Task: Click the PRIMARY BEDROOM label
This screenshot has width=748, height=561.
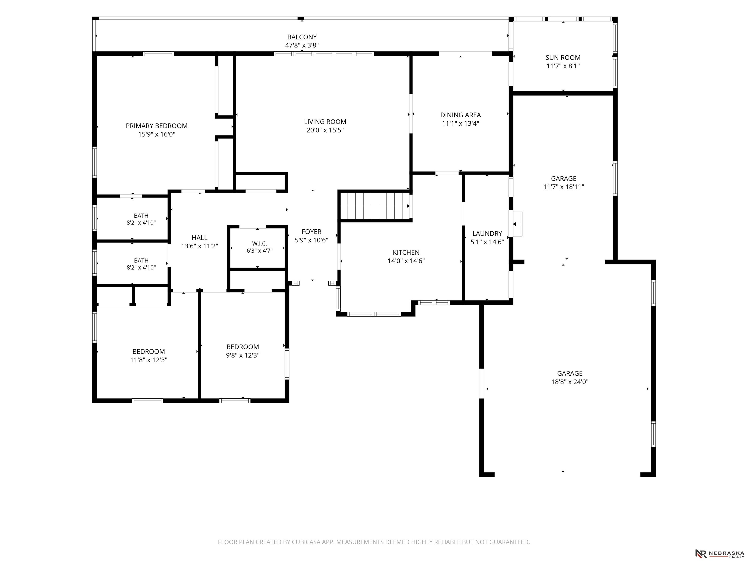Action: [157, 126]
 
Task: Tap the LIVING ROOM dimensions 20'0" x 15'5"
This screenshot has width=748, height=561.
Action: [325, 130]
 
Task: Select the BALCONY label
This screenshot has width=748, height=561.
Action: [302, 37]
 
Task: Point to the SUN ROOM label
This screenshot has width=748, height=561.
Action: [563, 57]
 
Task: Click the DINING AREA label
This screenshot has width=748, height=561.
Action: [461, 115]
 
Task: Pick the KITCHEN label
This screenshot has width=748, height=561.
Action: [406, 252]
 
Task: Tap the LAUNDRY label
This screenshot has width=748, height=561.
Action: [487, 233]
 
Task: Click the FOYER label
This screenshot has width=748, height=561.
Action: [311, 232]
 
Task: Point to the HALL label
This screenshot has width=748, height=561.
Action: [199, 238]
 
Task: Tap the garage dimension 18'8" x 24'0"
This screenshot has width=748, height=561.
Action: [570, 382]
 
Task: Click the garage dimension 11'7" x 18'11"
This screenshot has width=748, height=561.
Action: [564, 187]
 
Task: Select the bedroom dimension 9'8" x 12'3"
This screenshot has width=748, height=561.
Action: [243, 355]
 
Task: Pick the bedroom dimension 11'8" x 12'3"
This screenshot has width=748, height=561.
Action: [149, 360]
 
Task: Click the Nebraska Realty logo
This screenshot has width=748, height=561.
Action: [719, 553]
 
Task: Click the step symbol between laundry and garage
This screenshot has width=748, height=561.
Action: [517, 224]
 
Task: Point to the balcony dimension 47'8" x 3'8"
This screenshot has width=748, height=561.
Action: [302, 45]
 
